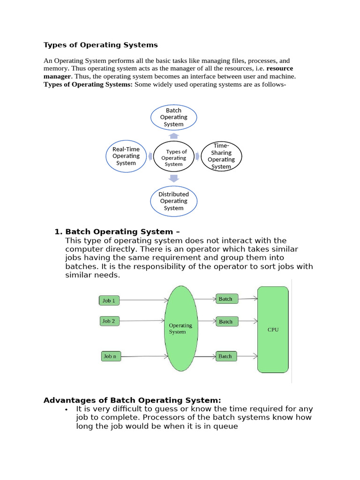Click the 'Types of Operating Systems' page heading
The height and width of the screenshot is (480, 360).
click(x=100, y=45)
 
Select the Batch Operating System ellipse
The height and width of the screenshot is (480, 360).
click(x=173, y=117)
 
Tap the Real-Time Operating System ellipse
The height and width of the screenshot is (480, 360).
click(x=126, y=156)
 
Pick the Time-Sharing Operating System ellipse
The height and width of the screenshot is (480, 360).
click(x=221, y=156)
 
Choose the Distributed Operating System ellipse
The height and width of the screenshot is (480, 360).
click(x=173, y=201)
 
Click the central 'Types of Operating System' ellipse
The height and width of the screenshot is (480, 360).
click(x=173, y=157)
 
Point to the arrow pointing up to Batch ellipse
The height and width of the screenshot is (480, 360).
click(x=173, y=135)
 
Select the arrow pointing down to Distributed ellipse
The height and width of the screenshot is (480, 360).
click(x=173, y=178)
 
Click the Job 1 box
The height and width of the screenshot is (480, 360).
click(x=109, y=300)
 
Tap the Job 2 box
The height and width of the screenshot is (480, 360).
click(x=109, y=321)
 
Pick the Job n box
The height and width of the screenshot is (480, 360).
click(x=110, y=356)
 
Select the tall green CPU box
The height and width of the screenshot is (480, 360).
click(x=273, y=330)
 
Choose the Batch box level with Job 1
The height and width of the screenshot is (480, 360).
click(x=225, y=299)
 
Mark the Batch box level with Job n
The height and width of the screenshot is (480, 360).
click(x=225, y=356)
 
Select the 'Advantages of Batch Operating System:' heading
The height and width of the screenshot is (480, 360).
click(x=132, y=400)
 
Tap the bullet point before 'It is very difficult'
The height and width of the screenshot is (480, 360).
click(x=66, y=409)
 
